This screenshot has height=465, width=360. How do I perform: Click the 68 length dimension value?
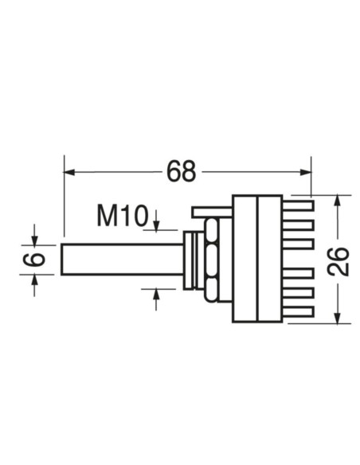click(182, 170)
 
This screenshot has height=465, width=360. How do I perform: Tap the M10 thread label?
click(123, 215)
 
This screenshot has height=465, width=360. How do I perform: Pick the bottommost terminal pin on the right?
click(299, 311)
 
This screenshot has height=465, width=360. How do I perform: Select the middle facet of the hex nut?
click(211, 259)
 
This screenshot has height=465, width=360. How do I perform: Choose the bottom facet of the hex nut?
click(211, 288)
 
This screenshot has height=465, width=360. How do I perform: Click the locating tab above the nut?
click(211, 211)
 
